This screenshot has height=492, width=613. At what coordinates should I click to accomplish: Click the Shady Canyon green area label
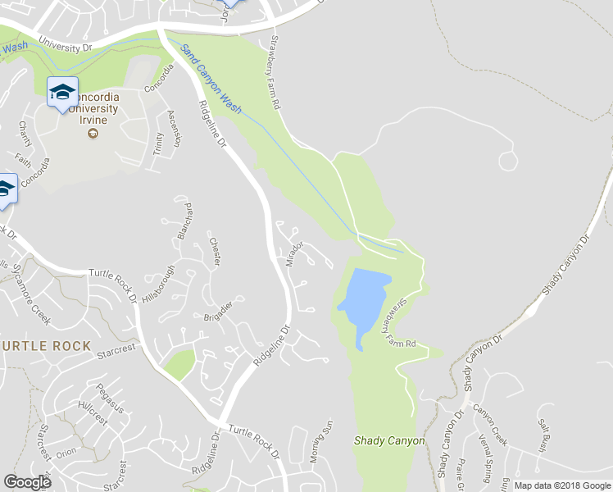(389, 440)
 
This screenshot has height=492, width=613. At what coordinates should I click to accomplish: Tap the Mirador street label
(296, 253)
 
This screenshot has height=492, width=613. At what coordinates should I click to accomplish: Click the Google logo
(27, 481)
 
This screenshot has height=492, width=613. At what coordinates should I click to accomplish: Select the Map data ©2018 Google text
(561, 485)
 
